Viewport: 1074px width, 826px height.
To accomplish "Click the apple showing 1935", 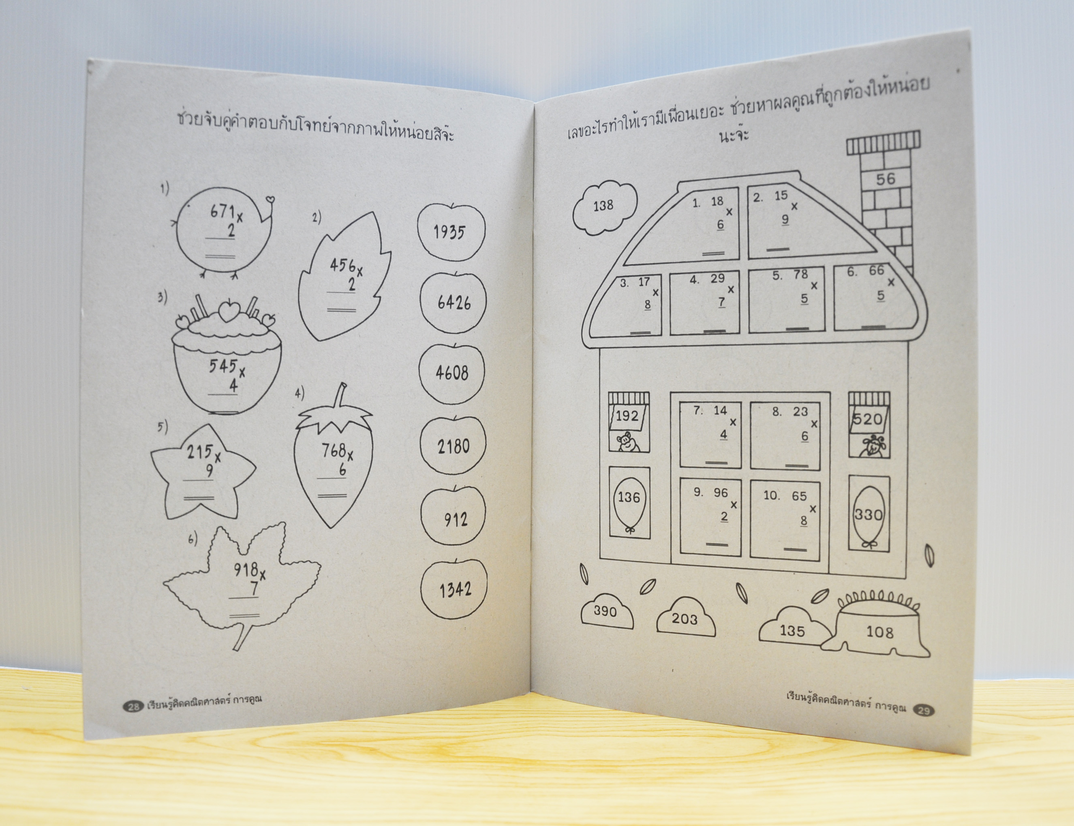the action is [x=451, y=232].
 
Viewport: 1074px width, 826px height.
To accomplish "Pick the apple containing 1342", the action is [x=454, y=589].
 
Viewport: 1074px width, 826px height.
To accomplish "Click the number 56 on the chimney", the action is [x=886, y=179].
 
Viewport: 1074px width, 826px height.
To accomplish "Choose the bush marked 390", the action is [x=606, y=612].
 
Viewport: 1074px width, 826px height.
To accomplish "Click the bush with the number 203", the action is [x=685, y=617].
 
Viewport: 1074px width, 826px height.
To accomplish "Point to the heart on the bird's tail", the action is [x=270, y=200].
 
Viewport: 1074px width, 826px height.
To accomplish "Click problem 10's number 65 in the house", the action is [x=799, y=496].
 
